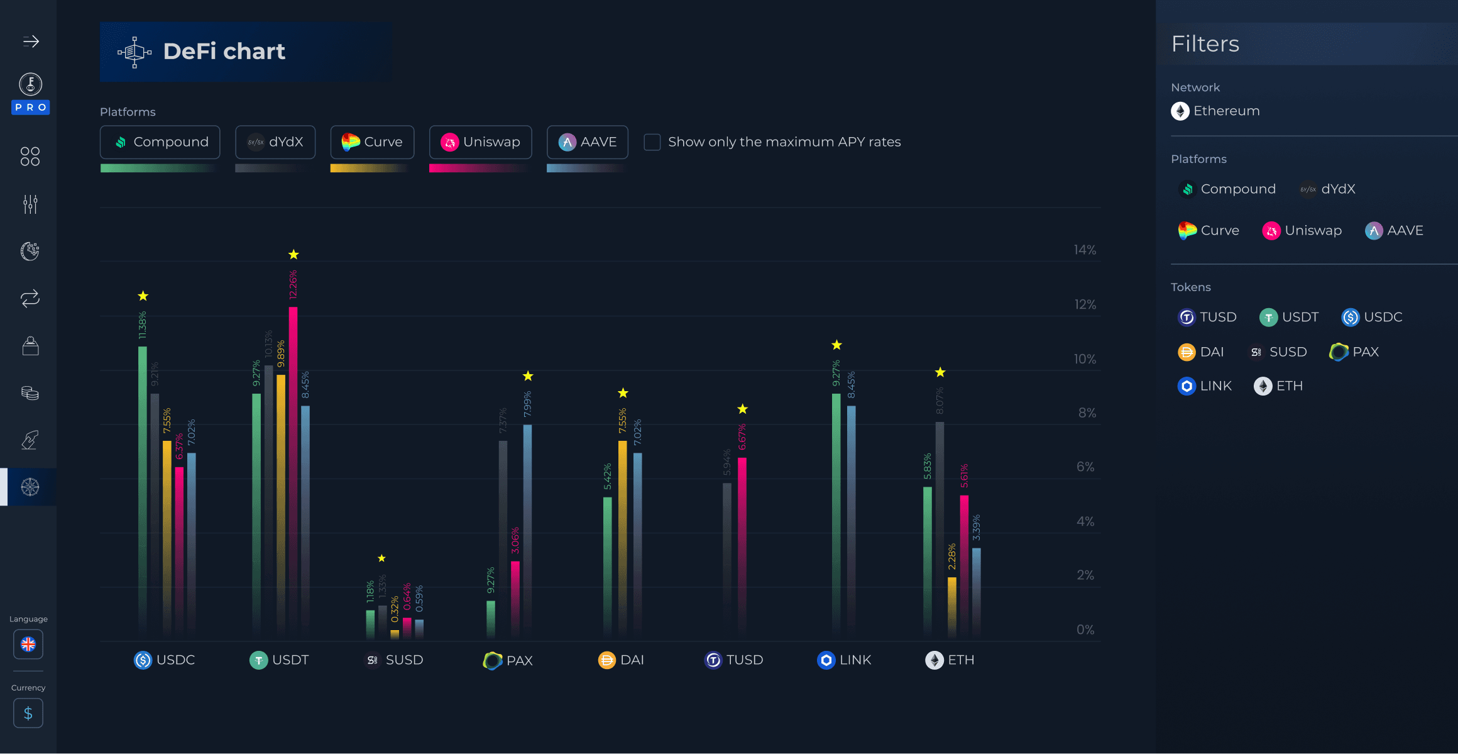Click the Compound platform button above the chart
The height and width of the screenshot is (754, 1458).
tap(160, 142)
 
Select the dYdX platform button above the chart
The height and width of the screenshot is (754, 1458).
tap(275, 142)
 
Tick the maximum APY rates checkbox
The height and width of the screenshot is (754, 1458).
tap(652, 142)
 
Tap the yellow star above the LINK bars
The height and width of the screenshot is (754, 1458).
tap(836, 345)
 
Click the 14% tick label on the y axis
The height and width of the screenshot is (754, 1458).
tap(1085, 250)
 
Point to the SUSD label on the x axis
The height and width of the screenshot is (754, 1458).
tap(396, 660)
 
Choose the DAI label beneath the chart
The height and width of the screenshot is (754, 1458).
tap(622, 660)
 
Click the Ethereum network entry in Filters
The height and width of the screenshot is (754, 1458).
tap(1215, 111)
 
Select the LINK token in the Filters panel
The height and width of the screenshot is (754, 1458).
tap(1205, 386)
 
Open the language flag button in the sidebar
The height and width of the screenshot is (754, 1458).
tap(28, 645)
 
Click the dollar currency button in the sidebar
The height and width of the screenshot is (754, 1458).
tap(28, 713)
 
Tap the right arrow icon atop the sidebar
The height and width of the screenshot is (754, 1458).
tap(31, 42)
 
